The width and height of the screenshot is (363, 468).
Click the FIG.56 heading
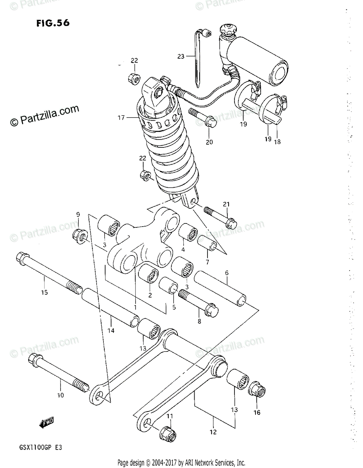click(53, 23)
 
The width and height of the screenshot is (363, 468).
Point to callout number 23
click(180, 57)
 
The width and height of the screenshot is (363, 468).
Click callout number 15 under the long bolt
click(45, 292)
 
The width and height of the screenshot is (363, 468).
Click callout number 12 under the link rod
click(213, 432)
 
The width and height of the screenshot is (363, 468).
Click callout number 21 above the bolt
click(226, 204)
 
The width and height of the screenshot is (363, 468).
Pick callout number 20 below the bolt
click(209, 142)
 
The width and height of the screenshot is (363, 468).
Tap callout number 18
click(277, 142)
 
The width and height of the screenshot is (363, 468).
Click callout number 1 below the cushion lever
click(135, 307)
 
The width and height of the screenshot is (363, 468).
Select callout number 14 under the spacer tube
click(111, 331)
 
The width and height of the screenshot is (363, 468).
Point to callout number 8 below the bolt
click(199, 321)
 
